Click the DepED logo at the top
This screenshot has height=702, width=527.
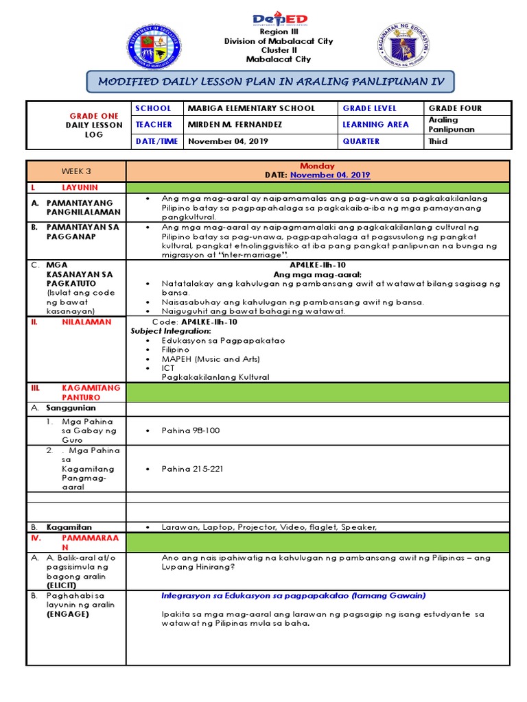[280, 19]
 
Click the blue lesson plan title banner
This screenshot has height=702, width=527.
[270, 82]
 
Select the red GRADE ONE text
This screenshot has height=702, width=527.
[95, 116]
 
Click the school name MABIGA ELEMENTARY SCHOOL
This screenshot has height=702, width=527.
[251, 108]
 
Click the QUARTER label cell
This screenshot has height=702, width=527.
[361, 141]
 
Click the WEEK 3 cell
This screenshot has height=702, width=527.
[76, 171]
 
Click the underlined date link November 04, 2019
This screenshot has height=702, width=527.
[330, 175]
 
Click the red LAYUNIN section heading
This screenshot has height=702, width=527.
[80, 187]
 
